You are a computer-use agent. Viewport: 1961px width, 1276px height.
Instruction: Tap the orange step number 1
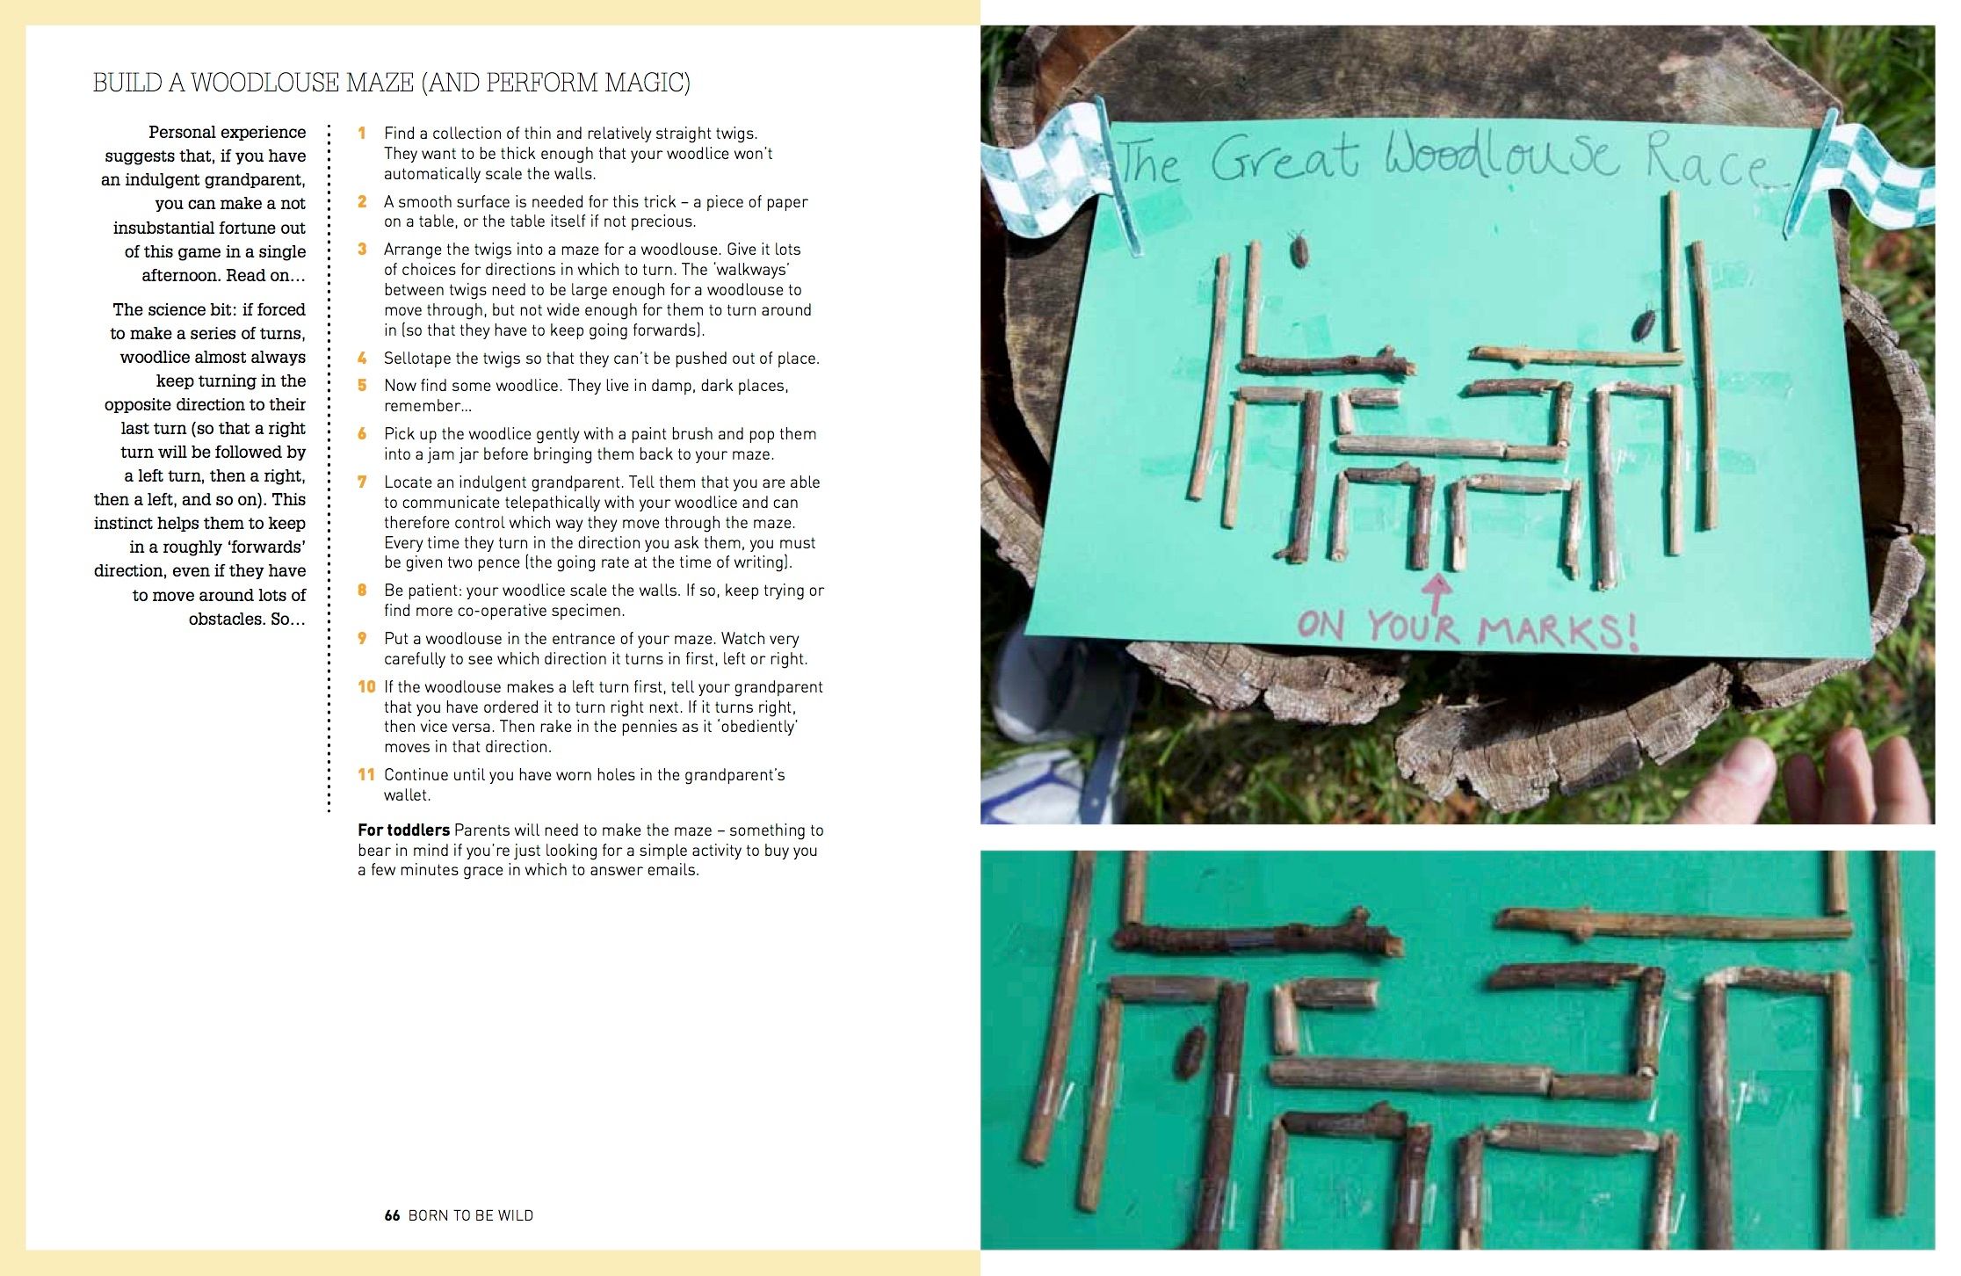pyautogui.click(x=361, y=134)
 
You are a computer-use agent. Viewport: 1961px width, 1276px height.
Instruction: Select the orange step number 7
pyautogui.click(x=362, y=482)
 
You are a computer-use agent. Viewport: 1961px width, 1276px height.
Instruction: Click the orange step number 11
pyautogui.click(x=366, y=775)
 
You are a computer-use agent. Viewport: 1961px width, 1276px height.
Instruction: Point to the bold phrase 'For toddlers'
pyautogui.click(x=403, y=830)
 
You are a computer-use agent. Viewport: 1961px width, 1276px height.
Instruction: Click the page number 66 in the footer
pyautogui.click(x=392, y=1215)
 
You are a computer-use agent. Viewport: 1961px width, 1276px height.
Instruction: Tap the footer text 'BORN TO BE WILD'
pyautogui.click(x=471, y=1215)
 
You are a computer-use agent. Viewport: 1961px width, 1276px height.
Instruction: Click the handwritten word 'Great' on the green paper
pyautogui.click(x=1284, y=160)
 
